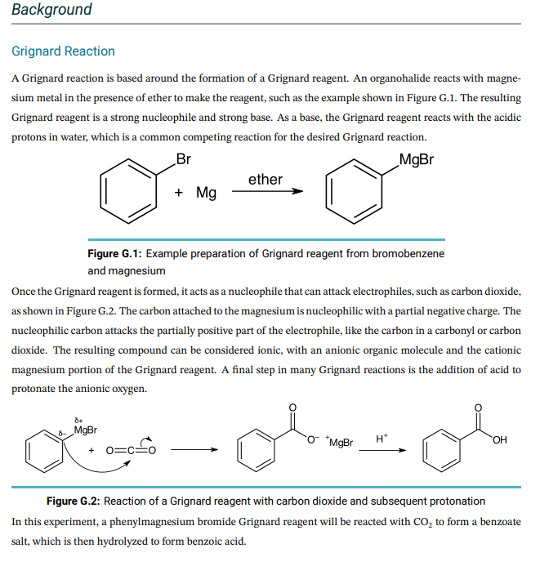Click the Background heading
tap(51, 10)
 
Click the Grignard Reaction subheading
tap(63, 51)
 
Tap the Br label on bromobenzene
tap(183, 158)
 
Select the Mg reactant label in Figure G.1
tap(206, 193)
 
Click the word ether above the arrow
tap(265, 179)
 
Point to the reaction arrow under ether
tap(266, 193)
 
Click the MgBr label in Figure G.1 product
tap(417, 158)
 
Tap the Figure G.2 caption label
tap(74, 501)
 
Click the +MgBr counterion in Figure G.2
tap(338, 443)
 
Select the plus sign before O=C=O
tap(91, 450)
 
